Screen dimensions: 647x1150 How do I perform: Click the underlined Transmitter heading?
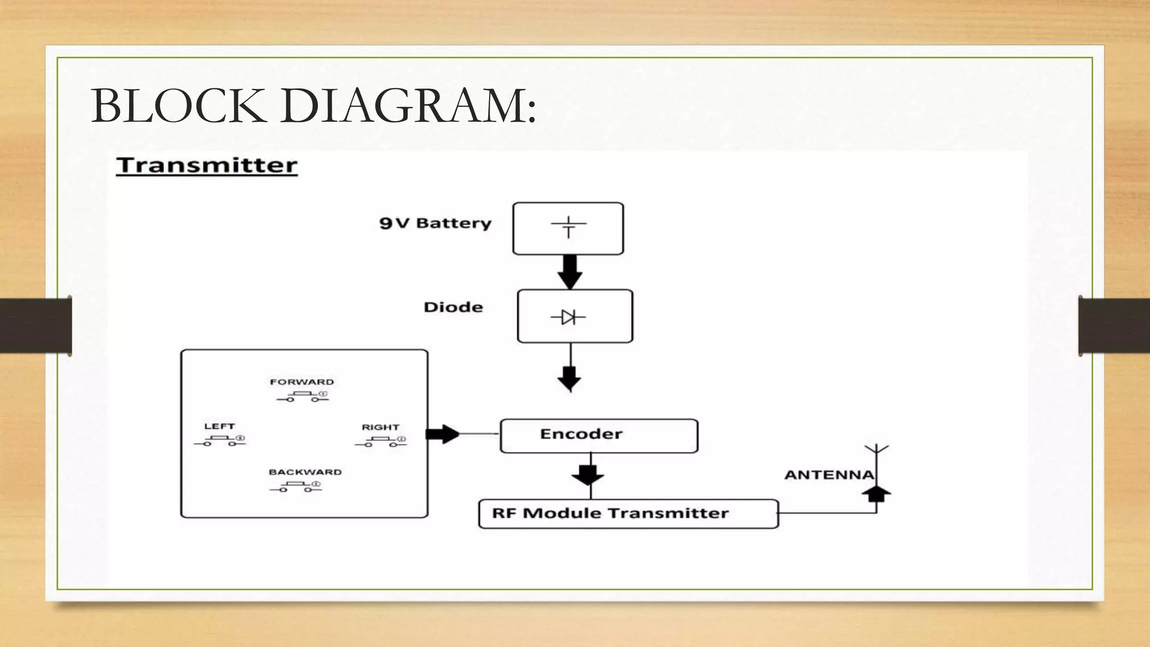pyautogui.click(x=207, y=166)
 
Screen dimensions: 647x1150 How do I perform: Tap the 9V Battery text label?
pyautogui.click(x=435, y=223)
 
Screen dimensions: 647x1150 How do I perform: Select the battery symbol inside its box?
pyautogui.click(x=568, y=227)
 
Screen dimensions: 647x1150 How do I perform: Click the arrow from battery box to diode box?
pyautogui.click(x=569, y=272)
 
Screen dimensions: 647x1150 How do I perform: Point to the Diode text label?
pyautogui.click(x=453, y=307)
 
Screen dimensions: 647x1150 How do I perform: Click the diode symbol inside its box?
pyautogui.click(x=568, y=317)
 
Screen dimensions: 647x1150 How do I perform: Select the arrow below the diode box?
pyautogui.click(x=569, y=377)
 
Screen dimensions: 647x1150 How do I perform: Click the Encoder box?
pyautogui.click(x=599, y=435)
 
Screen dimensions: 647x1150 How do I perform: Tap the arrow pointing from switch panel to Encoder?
pyautogui.click(x=443, y=434)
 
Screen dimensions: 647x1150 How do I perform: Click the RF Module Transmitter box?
pyautogui.click(x=628, y=513)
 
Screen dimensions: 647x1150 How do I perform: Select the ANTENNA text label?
pyautogui.click(x=829, y=475)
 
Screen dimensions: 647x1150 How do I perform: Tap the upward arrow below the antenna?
pyautogui.click(x=877, y=494)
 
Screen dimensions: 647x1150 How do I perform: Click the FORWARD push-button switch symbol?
pyautogui.click(x=303, y=397)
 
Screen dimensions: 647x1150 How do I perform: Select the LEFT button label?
pyautogui.click(x=219, y=426)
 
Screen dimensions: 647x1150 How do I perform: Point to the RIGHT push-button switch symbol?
pyautogui.click(x=381, y=442)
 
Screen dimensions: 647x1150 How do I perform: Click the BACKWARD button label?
pyautogui.click(x=305, y=472)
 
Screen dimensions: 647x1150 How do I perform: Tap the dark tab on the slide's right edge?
pyautogui.click(x=1114, y=326)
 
